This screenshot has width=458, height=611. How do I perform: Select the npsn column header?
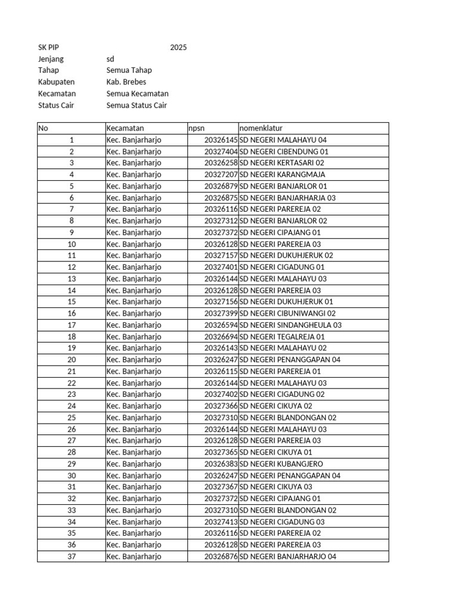[196, 128]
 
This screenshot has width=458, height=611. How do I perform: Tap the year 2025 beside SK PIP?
[178, 48]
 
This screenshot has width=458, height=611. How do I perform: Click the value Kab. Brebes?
[126, 82]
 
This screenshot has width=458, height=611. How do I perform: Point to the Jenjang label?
[51, 59]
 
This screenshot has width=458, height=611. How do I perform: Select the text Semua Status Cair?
[137, 106]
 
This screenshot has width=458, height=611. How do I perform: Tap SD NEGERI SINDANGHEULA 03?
[290, 325]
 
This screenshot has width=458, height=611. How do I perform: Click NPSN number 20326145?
[221, 140]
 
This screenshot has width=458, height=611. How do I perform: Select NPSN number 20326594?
[221, 325]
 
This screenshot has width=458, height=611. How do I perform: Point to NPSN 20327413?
[221, 522]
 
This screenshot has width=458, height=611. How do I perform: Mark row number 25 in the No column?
[72, 418]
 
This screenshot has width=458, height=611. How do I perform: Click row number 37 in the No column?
[72, 557]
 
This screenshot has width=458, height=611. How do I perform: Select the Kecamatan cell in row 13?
[134, 279]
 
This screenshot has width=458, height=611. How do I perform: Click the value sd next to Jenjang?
[110, 59]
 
